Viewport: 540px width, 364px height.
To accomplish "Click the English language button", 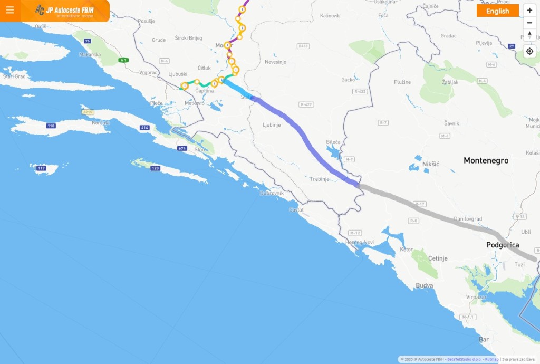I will coord(497,11).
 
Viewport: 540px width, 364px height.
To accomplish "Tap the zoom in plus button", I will coord(529,11).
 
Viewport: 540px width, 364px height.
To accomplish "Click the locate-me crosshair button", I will coord(529,51).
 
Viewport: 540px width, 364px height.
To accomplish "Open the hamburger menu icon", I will coord(9,10).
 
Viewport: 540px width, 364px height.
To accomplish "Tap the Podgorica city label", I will coord(502,245).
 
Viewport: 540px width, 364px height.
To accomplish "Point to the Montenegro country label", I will coord(486,160).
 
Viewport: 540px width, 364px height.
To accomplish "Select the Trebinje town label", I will coord(319,179).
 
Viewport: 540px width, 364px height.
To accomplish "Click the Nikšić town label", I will coord(431,165).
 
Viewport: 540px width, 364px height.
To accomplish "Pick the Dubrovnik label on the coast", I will coord(272,193).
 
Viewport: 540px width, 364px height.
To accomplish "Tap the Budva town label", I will coord(425,285).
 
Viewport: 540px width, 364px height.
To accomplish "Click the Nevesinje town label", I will coord(275,62).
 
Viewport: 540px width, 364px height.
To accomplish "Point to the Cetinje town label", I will coord(437,258).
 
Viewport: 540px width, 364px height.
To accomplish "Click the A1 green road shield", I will coord(123,60).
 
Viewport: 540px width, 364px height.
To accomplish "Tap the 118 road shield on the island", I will coord(51,126).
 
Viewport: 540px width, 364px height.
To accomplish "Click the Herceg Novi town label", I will coord(359,242).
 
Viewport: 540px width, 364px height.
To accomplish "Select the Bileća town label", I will coord(333,142).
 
